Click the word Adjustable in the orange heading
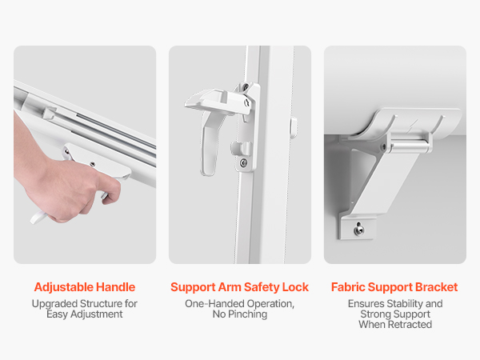(64, 287)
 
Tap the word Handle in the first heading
(116, 287)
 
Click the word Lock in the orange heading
(295, 287)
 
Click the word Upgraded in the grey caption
(54, 304)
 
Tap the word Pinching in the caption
(248, 314)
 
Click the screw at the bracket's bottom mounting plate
(358, 230)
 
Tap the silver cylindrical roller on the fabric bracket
(408, 146)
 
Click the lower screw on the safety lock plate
(243, 163)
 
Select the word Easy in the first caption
(57, 314)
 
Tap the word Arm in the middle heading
(230, 287)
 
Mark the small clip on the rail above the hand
(49, 113)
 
